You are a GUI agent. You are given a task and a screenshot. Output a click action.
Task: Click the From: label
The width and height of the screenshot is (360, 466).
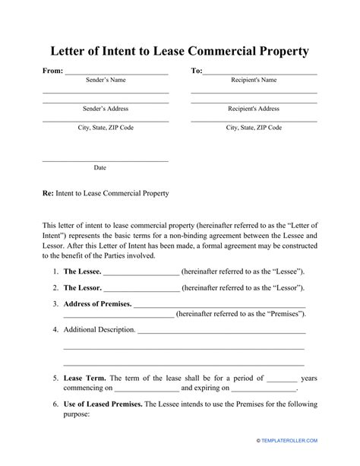(52, 71)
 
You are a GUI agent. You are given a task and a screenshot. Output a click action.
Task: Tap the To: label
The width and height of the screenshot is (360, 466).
(196, 71)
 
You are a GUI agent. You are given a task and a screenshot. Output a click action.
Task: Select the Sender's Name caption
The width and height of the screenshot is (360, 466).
(105, 80)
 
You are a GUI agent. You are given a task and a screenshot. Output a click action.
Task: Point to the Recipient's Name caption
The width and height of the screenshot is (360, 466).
(253, 80)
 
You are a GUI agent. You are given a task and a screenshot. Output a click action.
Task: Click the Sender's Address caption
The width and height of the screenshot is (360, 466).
(105, 109)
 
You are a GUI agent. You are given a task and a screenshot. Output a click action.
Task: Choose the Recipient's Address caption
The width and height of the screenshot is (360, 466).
(253, 109)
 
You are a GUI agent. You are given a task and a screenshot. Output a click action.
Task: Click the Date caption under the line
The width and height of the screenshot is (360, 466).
(99, 167)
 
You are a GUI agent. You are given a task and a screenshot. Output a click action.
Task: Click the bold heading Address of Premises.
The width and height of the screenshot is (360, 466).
(97, 304)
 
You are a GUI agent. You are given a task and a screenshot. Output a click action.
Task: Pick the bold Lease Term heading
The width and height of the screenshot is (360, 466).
(85, 377)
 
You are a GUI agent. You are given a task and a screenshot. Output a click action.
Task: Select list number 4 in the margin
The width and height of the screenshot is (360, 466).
(55, 330)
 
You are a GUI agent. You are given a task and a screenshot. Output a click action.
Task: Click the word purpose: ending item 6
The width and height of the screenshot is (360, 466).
(76, 414)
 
